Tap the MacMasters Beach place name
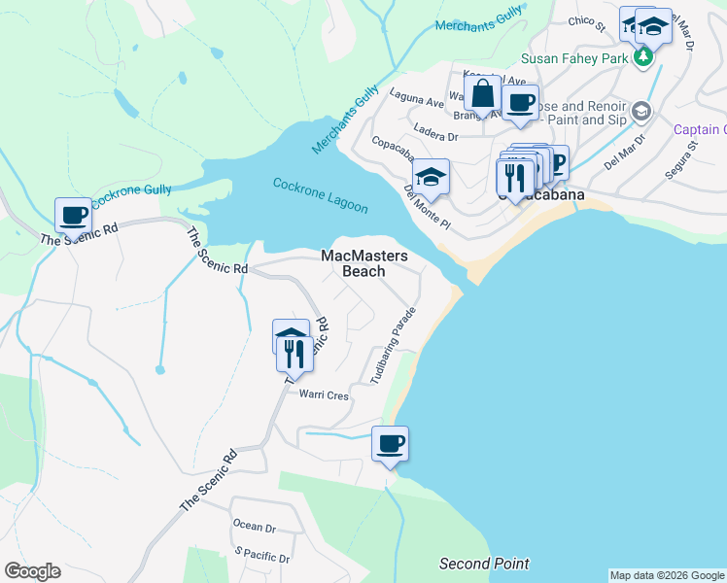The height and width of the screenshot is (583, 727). [364, 263]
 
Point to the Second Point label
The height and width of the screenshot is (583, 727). [484, 564]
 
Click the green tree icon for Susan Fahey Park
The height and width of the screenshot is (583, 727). [641, 57]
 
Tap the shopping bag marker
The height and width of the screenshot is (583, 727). [482, 96]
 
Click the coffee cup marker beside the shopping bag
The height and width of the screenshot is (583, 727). [520, 101]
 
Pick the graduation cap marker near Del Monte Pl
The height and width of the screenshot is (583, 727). [431, 178]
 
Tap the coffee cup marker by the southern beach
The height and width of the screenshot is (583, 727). [390, 444]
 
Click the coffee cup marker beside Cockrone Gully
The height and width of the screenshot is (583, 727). [73, 214]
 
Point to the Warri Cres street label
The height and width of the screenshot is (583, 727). [324, 395]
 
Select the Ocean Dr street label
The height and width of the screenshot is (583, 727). [255, 526]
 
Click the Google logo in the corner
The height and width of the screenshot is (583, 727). [32, 571]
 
